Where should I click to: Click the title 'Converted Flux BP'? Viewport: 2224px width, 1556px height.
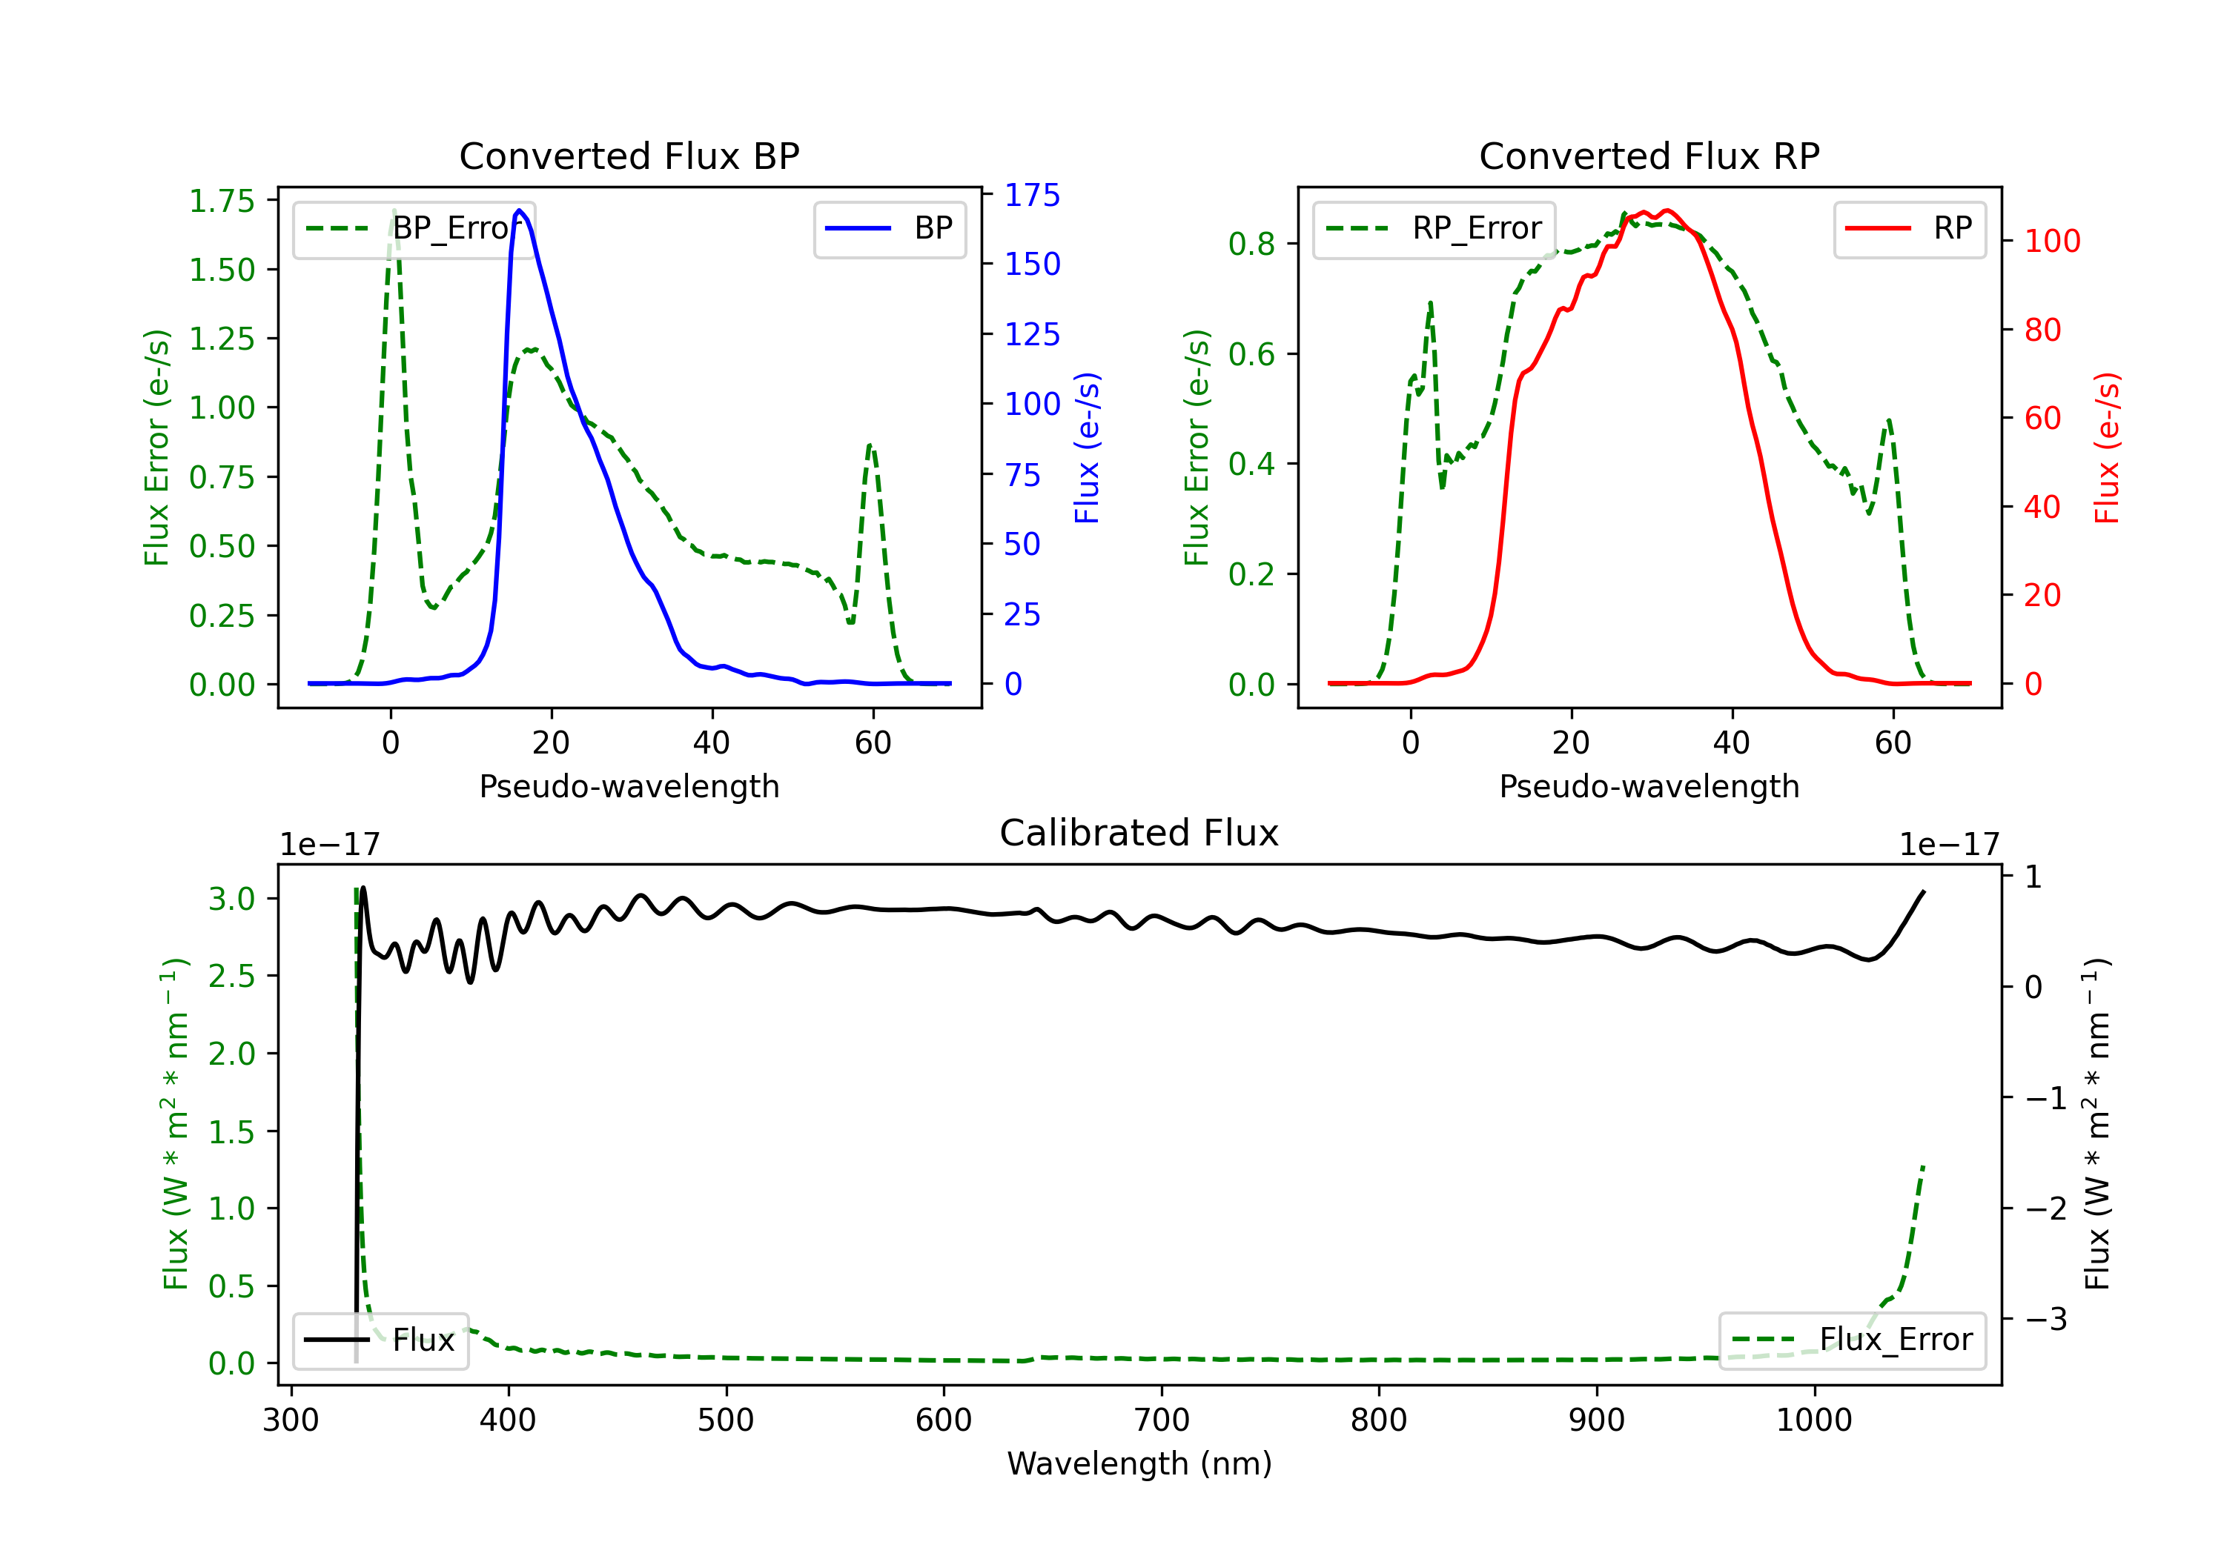coord(629,156)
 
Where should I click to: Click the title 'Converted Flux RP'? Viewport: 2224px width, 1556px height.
coord(1649,156)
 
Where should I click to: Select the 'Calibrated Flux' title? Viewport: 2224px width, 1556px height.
coord(1139,833)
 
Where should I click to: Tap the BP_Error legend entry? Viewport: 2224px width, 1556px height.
coord(414,228)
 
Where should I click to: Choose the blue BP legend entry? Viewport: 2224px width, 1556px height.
coord(889,228)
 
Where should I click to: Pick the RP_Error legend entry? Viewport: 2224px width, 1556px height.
coord(1434,228)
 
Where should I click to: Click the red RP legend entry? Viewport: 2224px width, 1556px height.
coord(1909,228)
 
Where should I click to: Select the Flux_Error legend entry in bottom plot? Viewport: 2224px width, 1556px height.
coord(1852,1340)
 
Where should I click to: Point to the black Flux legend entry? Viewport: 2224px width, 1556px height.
coord(380,1340)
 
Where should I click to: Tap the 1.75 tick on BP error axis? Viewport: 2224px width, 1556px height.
coord(222,202)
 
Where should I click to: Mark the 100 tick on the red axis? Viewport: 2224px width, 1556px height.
coord(2051,241)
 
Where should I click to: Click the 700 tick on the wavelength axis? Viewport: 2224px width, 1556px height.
coord(1162,1420)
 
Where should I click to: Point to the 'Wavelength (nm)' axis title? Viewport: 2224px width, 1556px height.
coord(1139,1464)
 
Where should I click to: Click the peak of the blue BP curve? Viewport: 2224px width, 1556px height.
coord(519,210)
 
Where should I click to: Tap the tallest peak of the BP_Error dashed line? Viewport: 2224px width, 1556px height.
coord(393,210)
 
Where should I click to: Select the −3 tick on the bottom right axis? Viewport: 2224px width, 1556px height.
coord(2045,1319)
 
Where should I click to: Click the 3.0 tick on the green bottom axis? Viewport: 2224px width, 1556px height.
coord(231,899)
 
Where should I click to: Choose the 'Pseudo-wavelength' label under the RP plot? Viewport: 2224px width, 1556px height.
coord(1649,786)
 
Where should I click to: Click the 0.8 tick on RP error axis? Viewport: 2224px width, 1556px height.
coord(1251,244)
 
